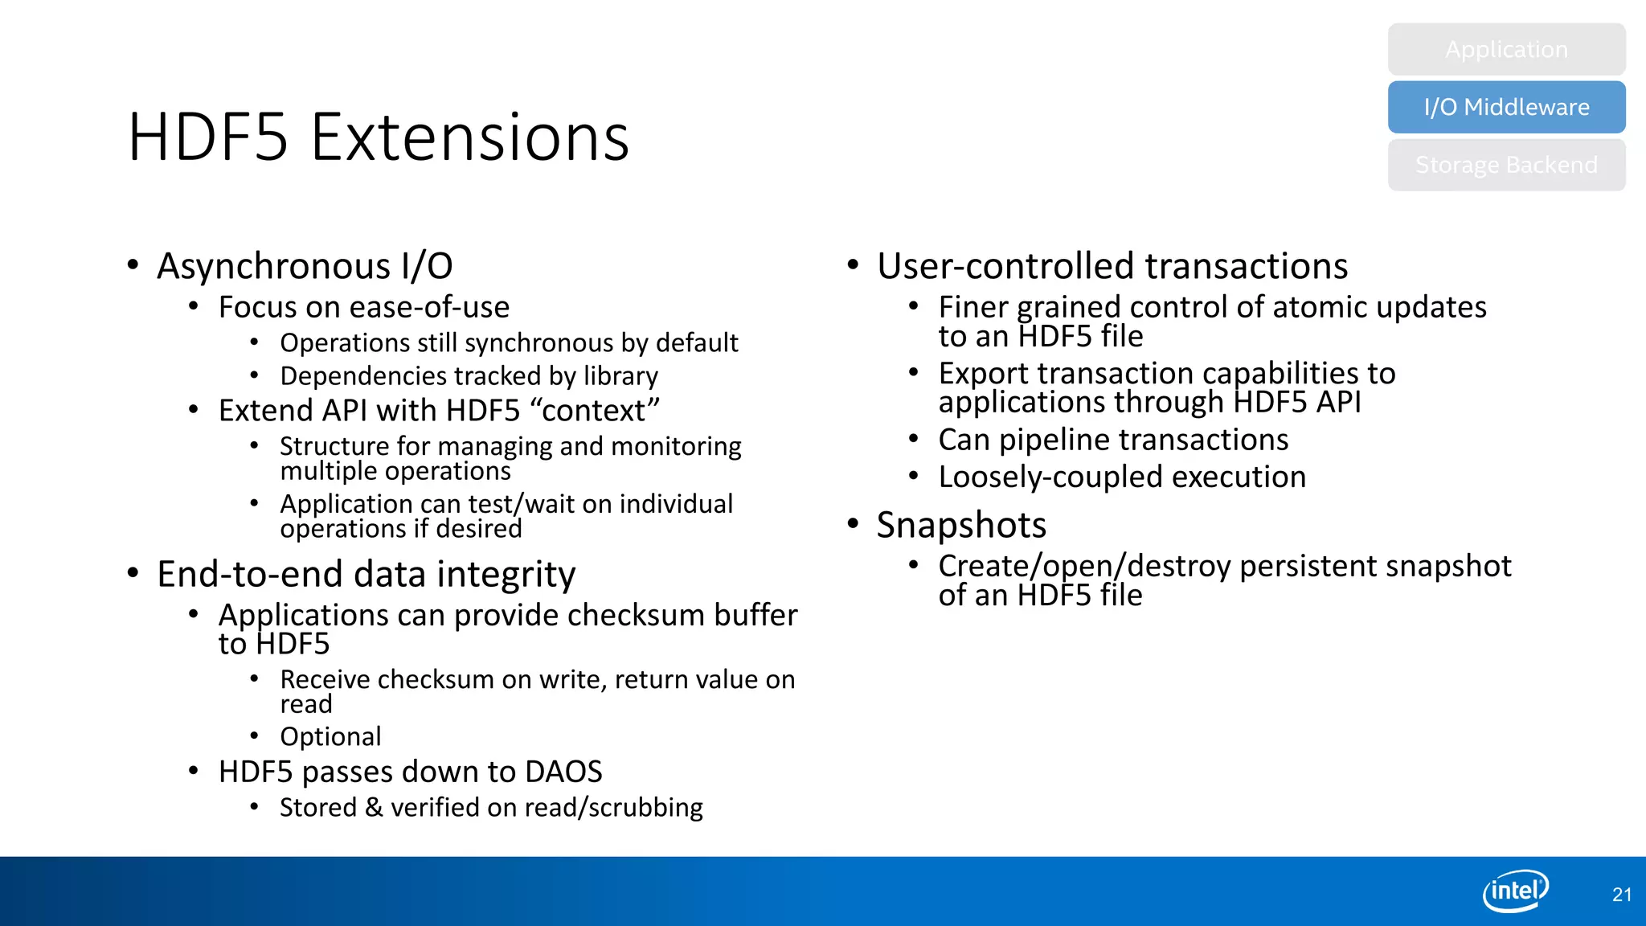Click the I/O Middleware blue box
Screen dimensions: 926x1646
pos(1506,107)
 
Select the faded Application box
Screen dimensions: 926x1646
pos(1506,49)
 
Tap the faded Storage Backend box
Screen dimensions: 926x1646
pos(1506,165)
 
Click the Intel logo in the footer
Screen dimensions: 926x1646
pos(1515,891)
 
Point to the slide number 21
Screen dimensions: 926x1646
pos(1622,895)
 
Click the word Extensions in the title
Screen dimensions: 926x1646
pos(469,138)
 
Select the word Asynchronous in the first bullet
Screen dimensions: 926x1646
pos(274,267)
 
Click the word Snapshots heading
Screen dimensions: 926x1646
pos(961,526)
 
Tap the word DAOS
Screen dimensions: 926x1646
pos(563,772)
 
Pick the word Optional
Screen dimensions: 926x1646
pos(330,736)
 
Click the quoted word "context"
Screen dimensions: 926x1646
pos(595,410)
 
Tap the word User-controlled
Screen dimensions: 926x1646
pos(1006,267)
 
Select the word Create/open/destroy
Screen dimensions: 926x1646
pos(1084,567)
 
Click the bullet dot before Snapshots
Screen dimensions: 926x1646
pos(854,524)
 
